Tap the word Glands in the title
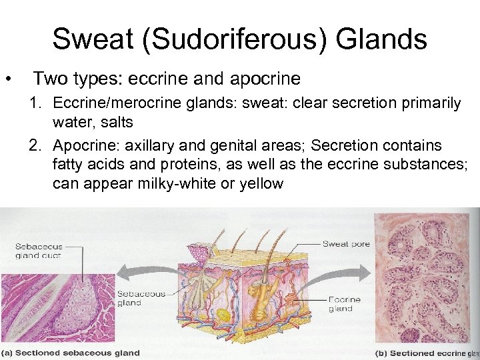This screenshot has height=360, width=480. click(x=381, y=39)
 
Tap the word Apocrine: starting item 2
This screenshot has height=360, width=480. click(x=83, y=145)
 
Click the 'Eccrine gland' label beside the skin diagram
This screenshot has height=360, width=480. click(x=344, y=305)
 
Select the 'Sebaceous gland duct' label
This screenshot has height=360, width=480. click(x=38, y=251)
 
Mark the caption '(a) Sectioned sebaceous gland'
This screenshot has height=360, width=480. click(x=70, y=353)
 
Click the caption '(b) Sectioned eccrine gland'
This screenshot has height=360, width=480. click(x=427, y=353)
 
